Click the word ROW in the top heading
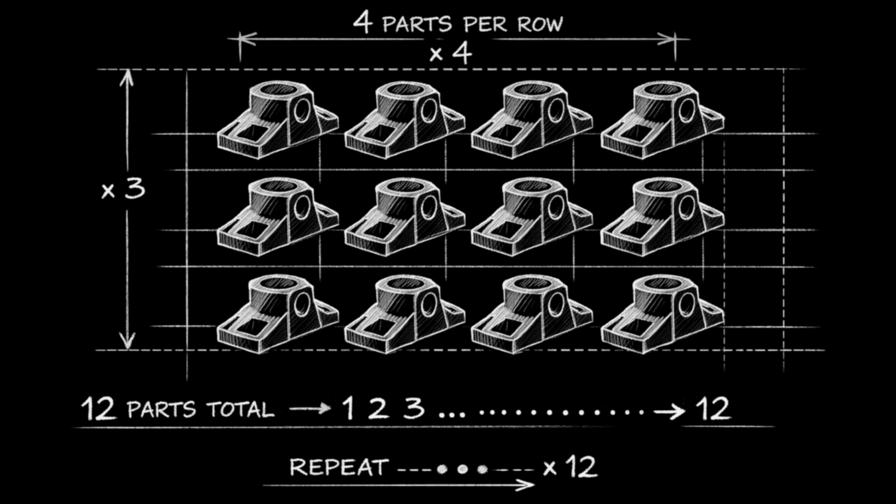(x=540, y=24)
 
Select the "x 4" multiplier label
(x=451, y=53)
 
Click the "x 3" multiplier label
(x=123, y=189)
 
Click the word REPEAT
(x=339, y=467)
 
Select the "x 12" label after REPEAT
(x=570, y=467)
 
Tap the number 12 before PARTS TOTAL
(x=98, y=409)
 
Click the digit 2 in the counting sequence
(x=378, y=408)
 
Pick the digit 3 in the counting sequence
(x=414, y=408)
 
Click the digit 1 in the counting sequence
(x=348, y=408)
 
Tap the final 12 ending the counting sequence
(x=713, y=409)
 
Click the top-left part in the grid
(x=277, y=119)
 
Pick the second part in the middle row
(x=404, y=217)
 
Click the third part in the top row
(x=532, y=119)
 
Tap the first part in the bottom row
(x=277, y=314)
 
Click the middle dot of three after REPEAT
(x=462, y=469)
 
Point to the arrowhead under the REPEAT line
(x=526, y=485)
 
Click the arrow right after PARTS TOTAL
(x=311, y=408)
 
